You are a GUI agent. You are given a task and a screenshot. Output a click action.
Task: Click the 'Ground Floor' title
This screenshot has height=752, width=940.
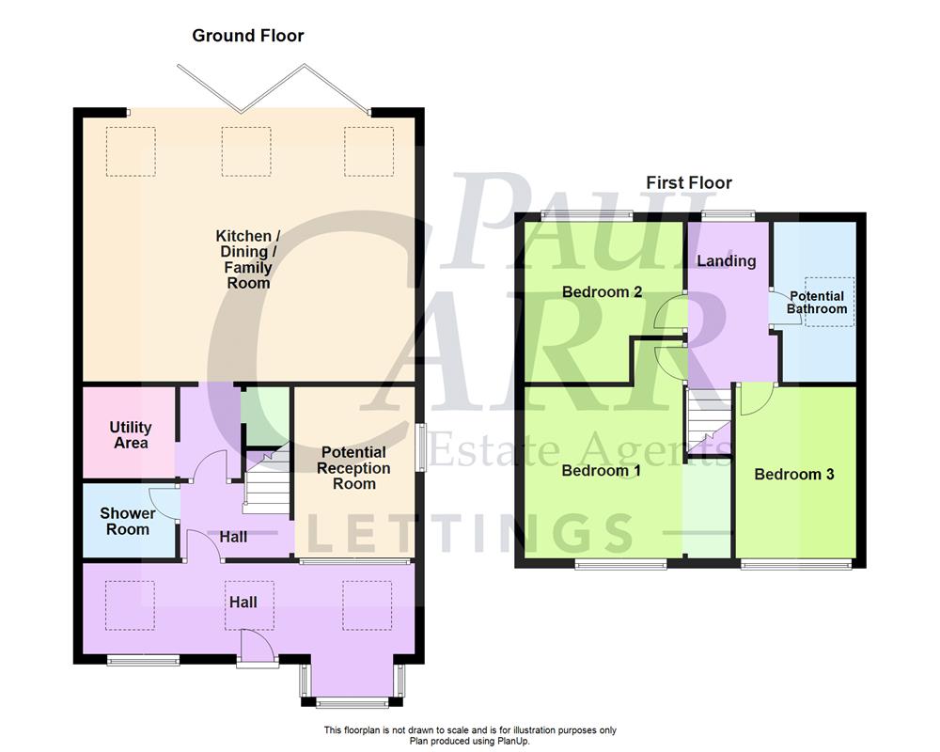248,36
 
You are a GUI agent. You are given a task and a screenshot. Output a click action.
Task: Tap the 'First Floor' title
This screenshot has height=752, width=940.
688,182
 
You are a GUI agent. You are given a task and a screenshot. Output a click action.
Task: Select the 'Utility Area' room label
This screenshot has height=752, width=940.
131,435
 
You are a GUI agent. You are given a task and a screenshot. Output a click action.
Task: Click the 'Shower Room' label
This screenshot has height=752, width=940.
128,521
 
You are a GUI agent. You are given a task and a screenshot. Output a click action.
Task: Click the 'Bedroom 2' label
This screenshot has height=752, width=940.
602,291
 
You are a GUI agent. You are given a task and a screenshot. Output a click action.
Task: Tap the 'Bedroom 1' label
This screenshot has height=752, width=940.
601,470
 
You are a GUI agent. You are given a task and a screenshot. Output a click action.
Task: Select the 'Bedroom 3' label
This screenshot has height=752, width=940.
794,474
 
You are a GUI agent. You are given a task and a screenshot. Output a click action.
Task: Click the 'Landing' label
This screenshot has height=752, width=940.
727,260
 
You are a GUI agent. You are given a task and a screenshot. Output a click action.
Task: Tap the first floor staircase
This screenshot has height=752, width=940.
707,422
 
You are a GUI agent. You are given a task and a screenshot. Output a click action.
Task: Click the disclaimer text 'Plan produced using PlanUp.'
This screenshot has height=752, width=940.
469,741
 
